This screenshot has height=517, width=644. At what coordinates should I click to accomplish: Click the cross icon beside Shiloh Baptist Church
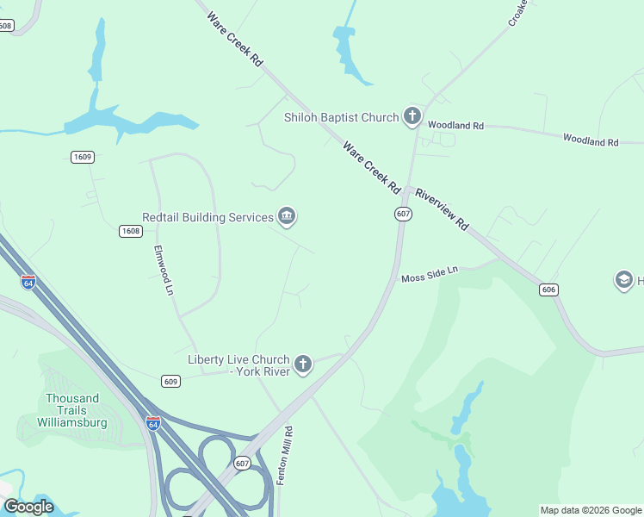tap(412, 116)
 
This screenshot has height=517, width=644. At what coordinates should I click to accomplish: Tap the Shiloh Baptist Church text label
tap(342, 118)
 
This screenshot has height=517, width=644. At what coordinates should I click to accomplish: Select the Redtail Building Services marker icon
tap(288, 217)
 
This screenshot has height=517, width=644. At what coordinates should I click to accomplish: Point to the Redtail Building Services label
tap(207, 218)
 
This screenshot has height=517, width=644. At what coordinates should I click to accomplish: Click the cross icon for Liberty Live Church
tap(302, 364)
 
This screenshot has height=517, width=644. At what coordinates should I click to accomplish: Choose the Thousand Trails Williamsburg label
tap(71, 410)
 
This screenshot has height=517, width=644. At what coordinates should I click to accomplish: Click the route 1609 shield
tap(83, 157)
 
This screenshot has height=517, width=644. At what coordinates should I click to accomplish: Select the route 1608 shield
tap(131, 231)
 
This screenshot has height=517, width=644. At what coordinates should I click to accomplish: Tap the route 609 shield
tap(170, 381)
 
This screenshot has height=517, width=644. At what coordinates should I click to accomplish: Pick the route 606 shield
tap(548, 290)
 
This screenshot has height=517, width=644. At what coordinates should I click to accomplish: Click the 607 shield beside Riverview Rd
tap(403, 213)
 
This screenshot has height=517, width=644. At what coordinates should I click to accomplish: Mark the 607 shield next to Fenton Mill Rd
tap(242, 463)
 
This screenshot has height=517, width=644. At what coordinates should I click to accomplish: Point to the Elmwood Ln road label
tap(164, 271)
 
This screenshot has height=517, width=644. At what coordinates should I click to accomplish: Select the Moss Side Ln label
tap(430, 274)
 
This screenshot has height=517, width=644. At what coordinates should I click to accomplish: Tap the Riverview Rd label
tap(442, 209)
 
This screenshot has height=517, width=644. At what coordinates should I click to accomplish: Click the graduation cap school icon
tap(623, 280)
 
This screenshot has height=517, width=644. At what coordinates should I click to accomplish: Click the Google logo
tap(28, 507)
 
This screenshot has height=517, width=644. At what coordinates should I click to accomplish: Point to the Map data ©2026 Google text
tap(591, 510)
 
